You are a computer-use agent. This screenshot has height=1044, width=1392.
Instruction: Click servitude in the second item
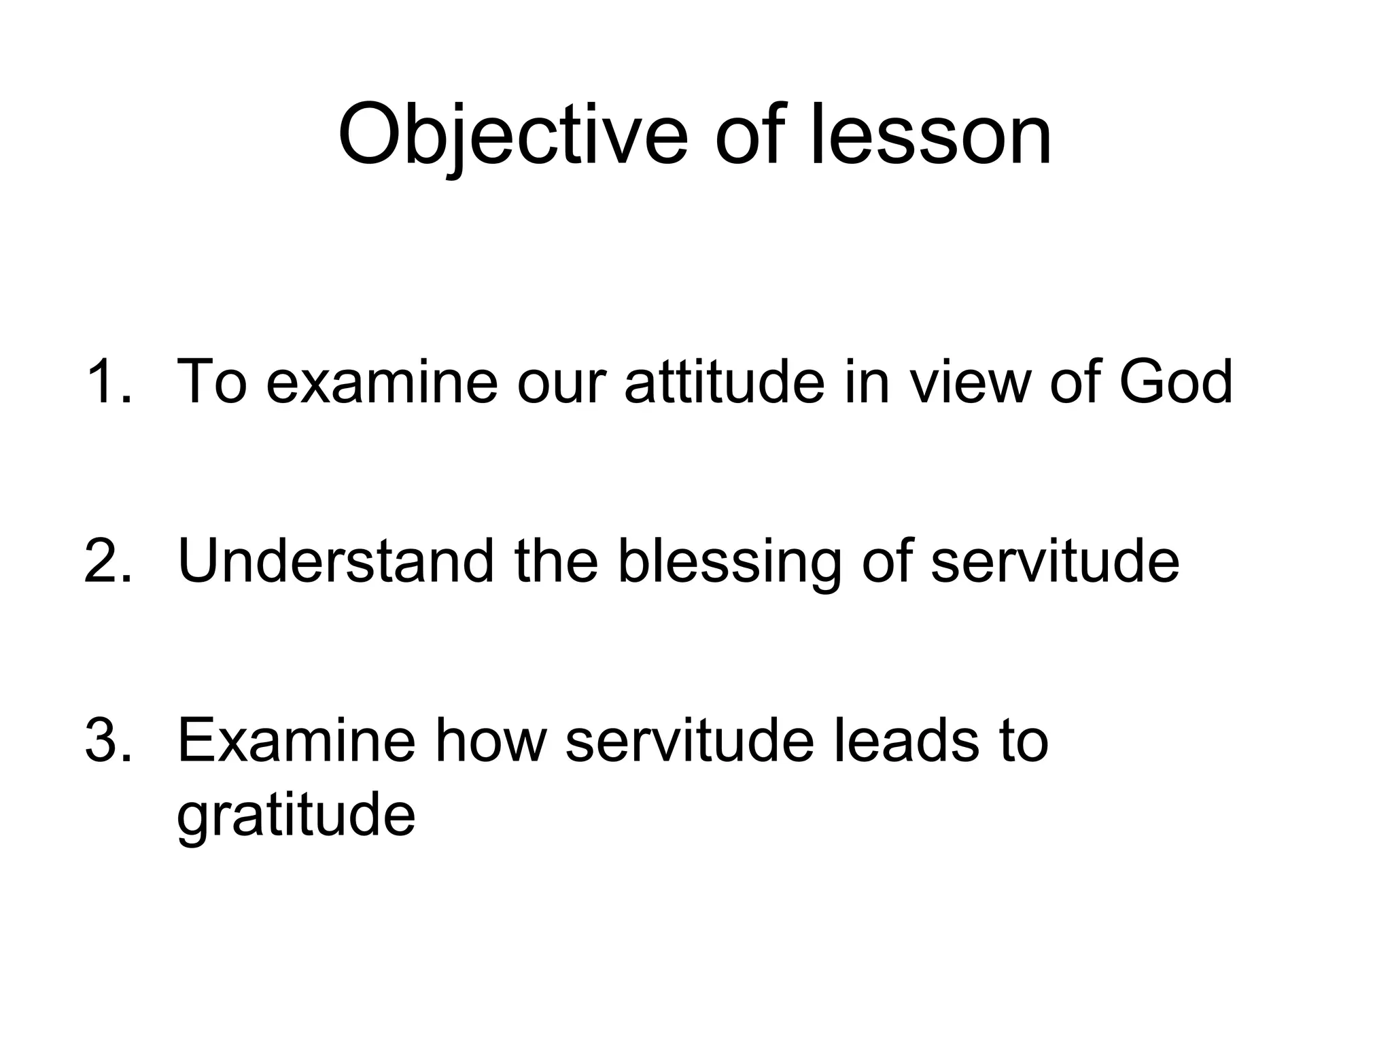pyautogui.click(x=1054, y=561)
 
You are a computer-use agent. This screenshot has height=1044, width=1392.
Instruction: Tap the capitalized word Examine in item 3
pyautogui.click(x=296, y=740)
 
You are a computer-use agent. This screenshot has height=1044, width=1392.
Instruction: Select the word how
pyautogui.click(x=490, y=740)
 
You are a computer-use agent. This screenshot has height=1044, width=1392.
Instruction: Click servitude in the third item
pyautogui.click(x=689, y=740)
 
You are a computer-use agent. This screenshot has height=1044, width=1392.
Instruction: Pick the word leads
pyautogui.click(x=898, y=740)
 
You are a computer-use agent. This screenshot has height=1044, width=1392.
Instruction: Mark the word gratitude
pyautogui.click(x=296, y=816)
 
